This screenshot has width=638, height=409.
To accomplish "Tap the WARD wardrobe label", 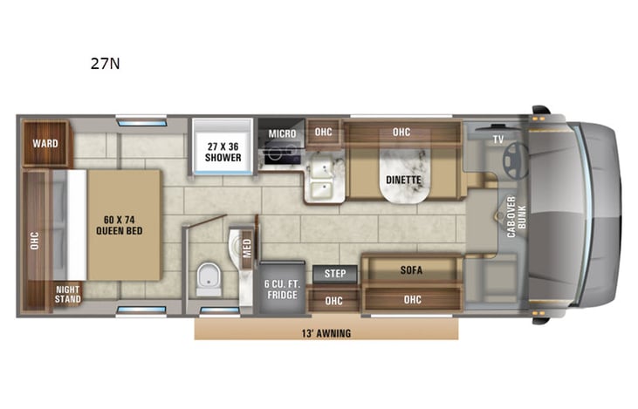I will click(45, 143).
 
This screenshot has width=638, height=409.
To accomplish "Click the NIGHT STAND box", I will click(68, 294).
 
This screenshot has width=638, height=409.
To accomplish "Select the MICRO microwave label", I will click(282, 133).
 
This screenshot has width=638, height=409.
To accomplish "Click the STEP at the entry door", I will click(335, 274).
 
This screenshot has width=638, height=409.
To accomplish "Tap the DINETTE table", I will click(403, 181).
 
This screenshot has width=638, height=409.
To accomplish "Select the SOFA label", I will click(411, 270).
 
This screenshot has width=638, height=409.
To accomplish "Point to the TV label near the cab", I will click(498, 139).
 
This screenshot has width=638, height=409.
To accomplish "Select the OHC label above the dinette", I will click(401, 133).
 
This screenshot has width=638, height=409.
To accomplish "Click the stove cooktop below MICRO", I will click(282, 154).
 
